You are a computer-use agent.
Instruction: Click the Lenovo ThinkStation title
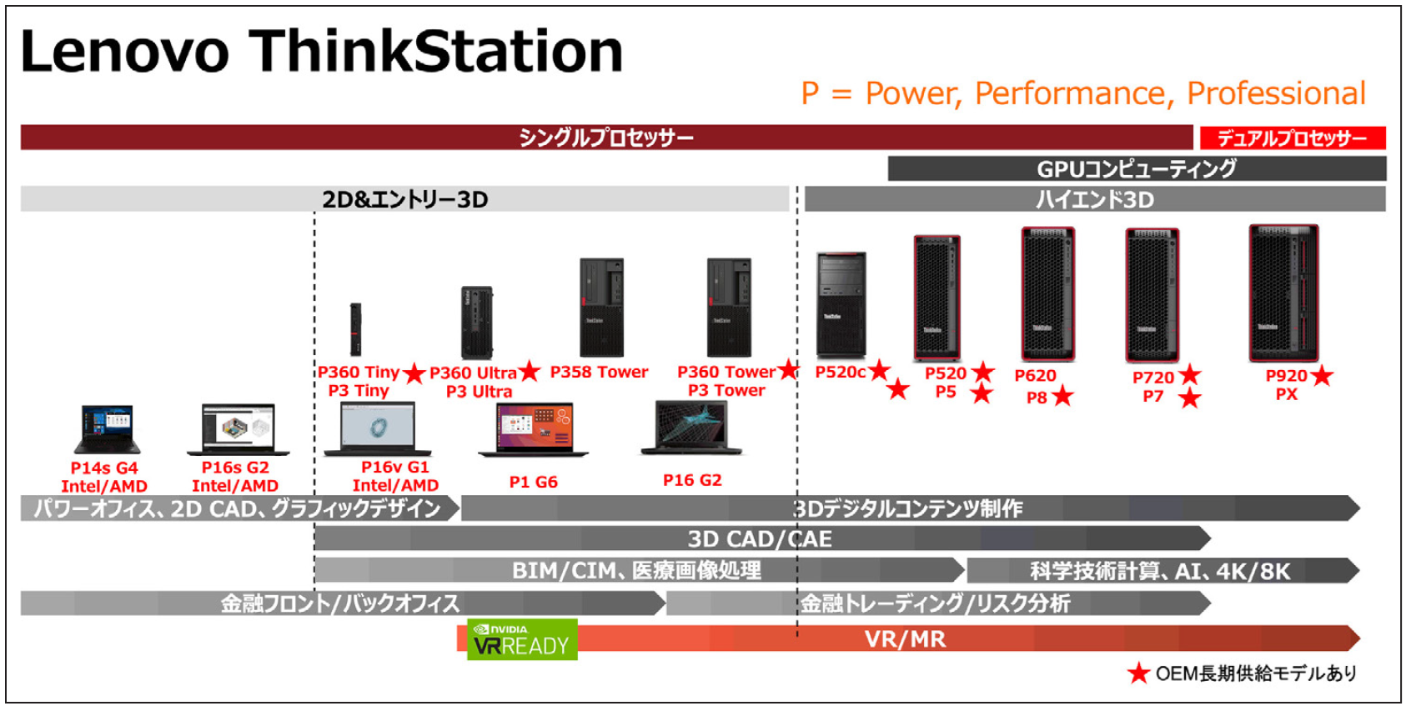coord(321,51)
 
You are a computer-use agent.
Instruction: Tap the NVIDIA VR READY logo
coord(522,639)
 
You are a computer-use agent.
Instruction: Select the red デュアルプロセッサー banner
coord(1293,138)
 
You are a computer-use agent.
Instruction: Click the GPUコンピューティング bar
coord(1137,168)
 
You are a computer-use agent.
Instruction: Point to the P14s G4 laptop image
coord(106,430)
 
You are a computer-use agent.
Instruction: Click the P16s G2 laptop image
coord(239,429)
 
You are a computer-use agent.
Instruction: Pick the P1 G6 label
coord(533,482)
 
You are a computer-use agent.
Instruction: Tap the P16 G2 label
coord(692,480)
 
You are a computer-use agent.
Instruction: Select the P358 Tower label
coord(599,372)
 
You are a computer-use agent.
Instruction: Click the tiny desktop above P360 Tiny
coord(356,330)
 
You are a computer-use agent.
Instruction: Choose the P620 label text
coord(1035,376)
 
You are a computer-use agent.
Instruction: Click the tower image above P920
coord(1283,293)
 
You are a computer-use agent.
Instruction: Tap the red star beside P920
coord(1322,376)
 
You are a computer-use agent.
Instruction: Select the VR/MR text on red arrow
coord(905,639)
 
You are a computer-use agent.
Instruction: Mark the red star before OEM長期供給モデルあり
coord(1138,673)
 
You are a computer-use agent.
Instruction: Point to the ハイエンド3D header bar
coord(1095,199)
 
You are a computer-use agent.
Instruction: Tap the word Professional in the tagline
coord(1276,93)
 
